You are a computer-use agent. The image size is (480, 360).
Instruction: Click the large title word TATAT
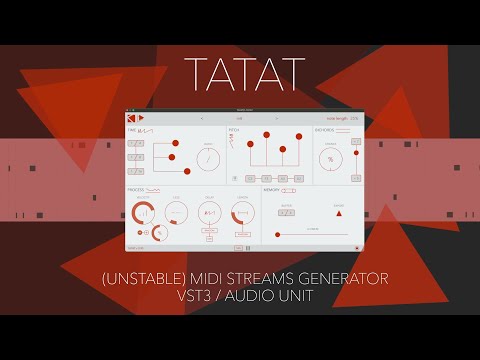(240, 72)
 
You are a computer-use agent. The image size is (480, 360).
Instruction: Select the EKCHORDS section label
(325, 130)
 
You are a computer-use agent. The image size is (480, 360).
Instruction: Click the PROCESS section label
(136, 188)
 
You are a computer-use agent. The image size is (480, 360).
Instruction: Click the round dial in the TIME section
(209, 160)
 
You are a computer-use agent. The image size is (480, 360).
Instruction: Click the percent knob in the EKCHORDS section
(331, 160)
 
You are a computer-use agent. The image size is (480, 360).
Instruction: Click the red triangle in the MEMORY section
(339, 213)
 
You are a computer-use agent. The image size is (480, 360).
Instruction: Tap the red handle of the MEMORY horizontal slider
(276, 235)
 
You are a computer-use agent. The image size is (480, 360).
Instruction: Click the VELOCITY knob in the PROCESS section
(145, 212)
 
